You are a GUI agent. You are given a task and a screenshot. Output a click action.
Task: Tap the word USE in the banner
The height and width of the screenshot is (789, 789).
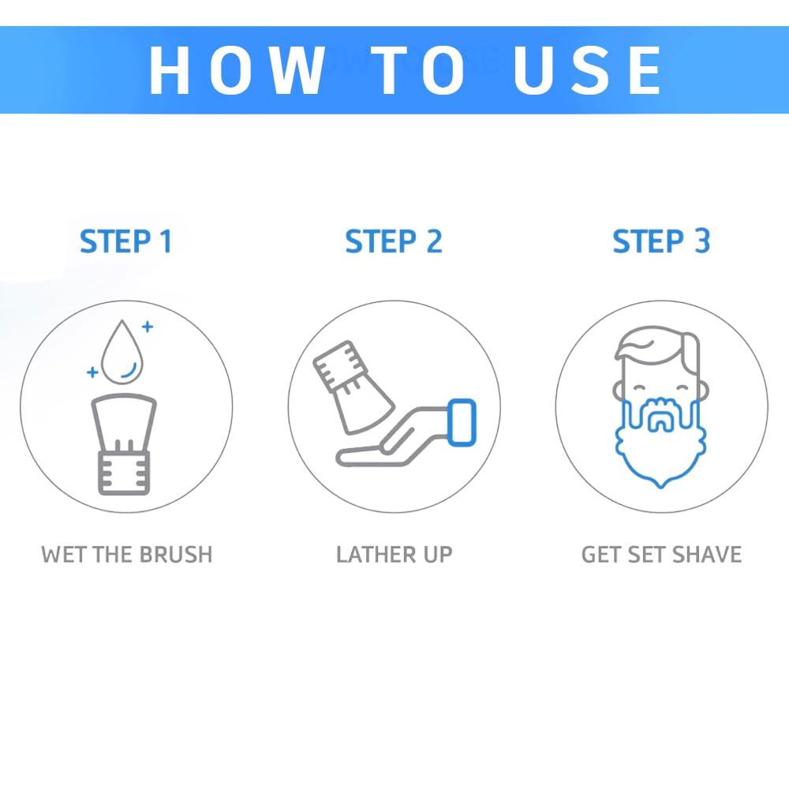click(587, 69)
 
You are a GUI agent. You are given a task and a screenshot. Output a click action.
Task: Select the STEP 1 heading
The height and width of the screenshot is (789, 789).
click(125, 241)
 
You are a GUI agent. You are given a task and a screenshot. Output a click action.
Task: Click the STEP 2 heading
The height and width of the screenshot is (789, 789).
click(394, 241)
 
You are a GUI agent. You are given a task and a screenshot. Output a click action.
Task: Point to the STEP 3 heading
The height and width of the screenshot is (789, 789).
click(661, 241)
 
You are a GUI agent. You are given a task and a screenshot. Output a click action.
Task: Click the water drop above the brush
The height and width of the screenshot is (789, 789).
click(122, 350)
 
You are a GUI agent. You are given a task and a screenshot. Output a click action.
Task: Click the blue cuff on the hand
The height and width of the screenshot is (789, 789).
click(462, 422)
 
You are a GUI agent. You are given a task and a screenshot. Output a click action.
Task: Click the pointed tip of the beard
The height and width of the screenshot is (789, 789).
click(660, 485)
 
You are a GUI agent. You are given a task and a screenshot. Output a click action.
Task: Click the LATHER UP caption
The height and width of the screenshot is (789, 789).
click(394, 555)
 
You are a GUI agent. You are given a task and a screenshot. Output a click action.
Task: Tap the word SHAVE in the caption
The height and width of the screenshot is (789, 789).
click(707, 555)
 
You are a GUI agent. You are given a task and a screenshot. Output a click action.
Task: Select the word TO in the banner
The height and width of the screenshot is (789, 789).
click(417, 69)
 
